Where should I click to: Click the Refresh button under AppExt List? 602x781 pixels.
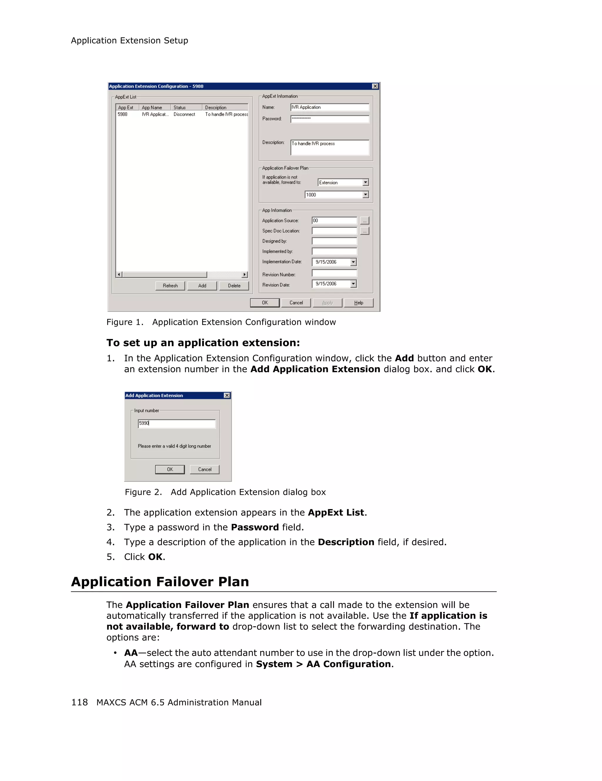170,285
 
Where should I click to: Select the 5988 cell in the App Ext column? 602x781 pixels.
123,114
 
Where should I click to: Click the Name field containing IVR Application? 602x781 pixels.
330,107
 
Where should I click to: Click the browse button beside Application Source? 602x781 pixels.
364,221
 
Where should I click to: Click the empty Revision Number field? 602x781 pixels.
334,274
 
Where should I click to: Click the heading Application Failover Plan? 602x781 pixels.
160,582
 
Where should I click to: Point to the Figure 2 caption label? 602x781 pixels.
143,492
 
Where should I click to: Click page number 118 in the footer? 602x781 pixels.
79,702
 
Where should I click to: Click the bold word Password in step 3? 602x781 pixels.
255,527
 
